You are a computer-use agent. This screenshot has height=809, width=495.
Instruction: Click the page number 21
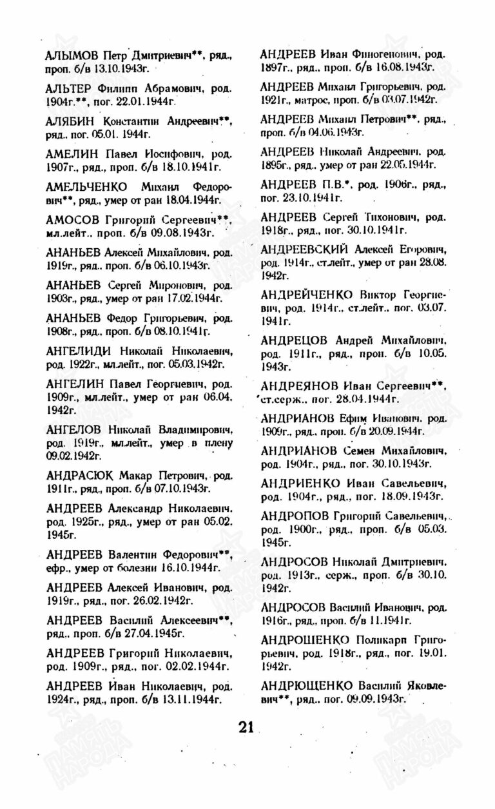pyautogui.click(x=246, y=728)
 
